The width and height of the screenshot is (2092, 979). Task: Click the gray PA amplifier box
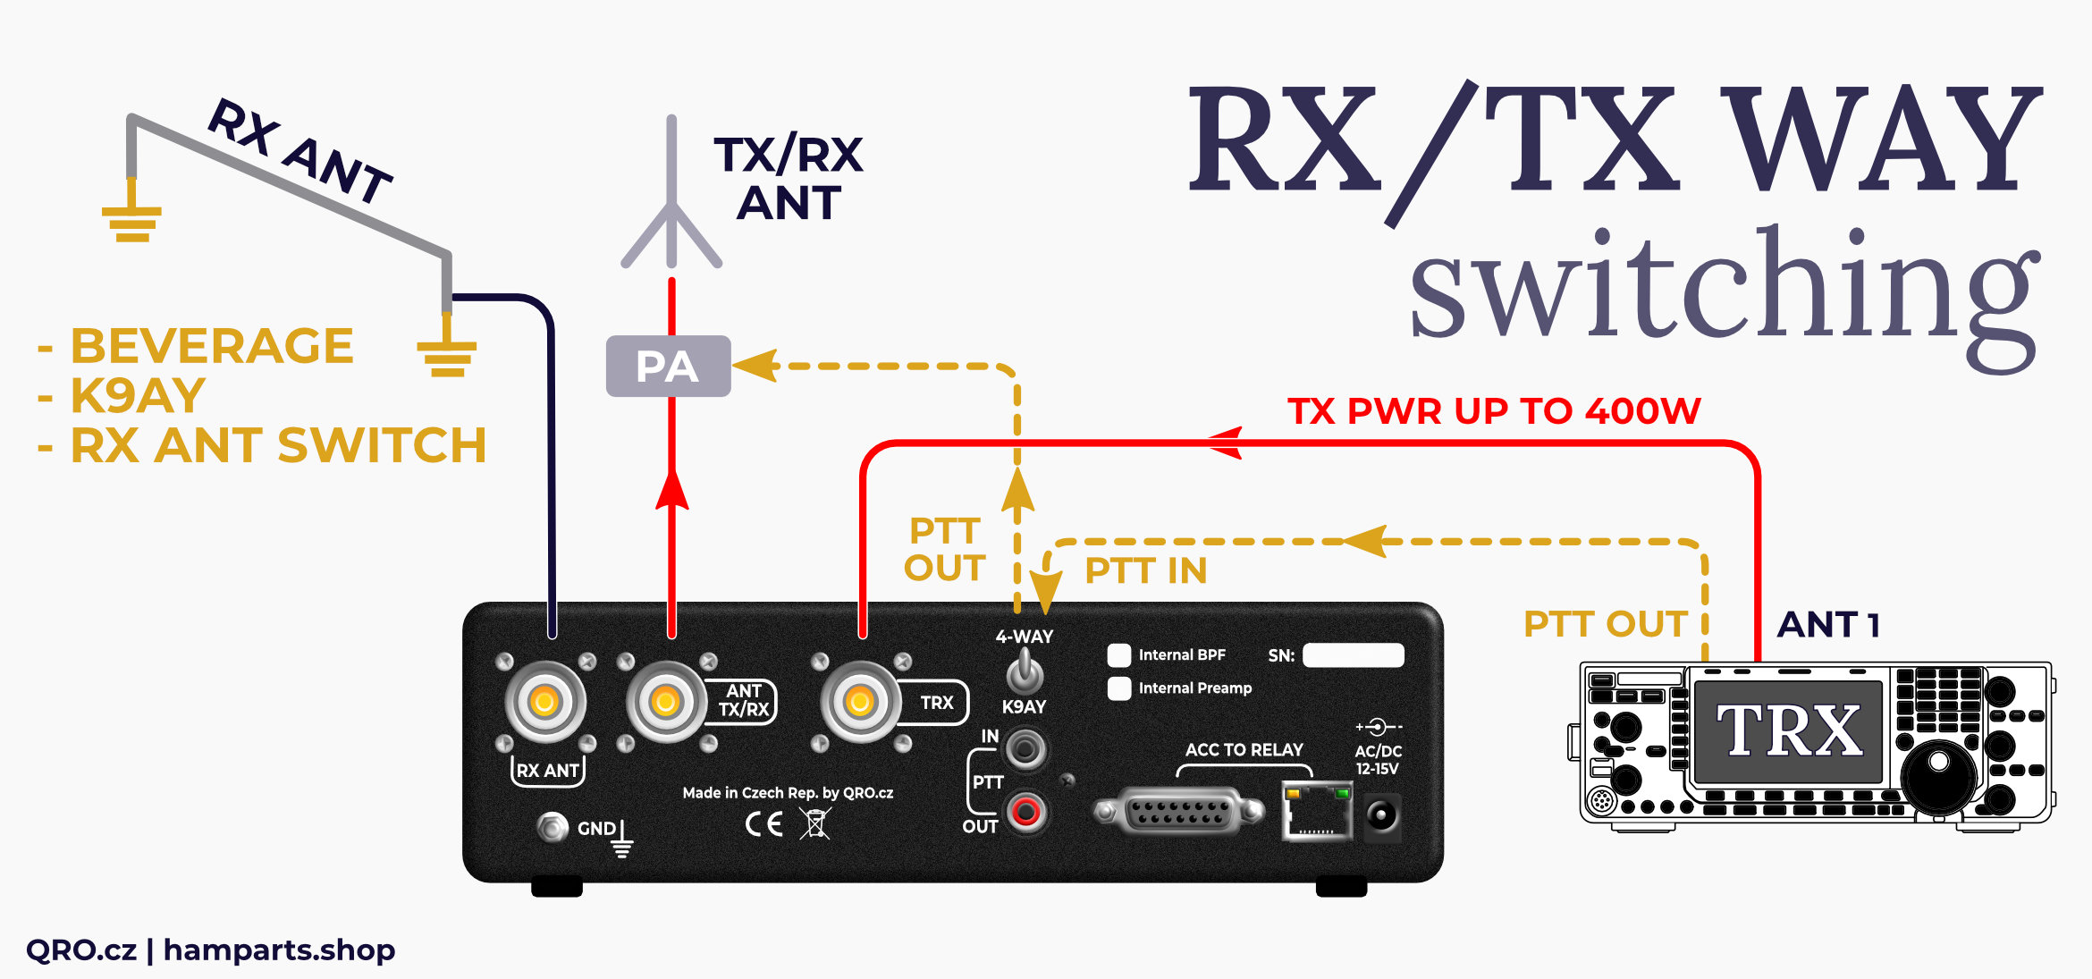[x=668, y=367]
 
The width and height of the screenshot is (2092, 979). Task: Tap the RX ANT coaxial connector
[x=544, y=702]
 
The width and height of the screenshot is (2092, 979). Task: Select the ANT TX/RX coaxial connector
[x=665, y=702]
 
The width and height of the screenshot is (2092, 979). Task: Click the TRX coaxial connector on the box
[x=860, y=702]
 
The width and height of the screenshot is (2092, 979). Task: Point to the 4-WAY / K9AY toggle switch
[x=1025, y=671]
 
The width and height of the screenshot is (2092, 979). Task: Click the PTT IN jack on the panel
[x=1025, y=747]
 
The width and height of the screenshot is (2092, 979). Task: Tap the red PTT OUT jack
[x=1025, y=812]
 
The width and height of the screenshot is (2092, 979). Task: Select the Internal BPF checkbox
[x=1119, y=655]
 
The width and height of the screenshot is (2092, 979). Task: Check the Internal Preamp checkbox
[x=1119, y=688]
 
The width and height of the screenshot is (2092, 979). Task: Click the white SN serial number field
[x=1353, y=655]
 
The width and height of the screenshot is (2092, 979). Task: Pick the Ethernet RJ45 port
[x=1316, y=811]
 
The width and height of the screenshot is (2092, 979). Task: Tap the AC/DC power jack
[x=1382, y=815]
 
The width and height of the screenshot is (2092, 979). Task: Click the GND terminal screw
[x=553, y=827]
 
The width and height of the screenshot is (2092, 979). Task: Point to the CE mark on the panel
[x=764, y=823]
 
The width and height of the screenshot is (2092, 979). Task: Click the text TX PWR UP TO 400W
[x=1494, y=411]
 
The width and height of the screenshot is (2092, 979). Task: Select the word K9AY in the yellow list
[x=139, y=396]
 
